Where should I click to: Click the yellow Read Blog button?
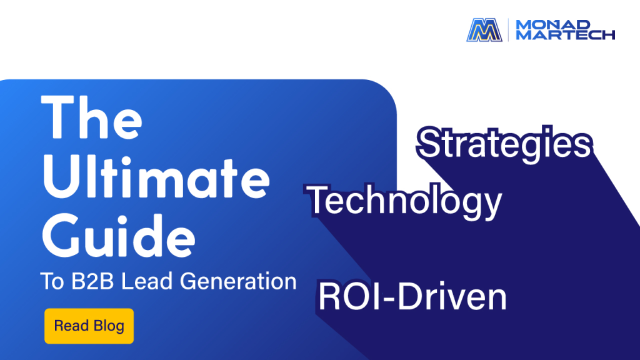(x=89, y=326)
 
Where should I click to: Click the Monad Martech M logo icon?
(x=484, y=30)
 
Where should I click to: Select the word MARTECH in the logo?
(x=565, y=35)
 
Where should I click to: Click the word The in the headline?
(x=92, y=117)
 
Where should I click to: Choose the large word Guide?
(x=118, y=236)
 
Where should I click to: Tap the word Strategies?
(x=505, y=144)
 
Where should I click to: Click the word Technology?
(x=404, y=201)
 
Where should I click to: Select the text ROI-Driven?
(x=412, y=297)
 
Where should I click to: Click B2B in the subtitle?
(x=92, y=281)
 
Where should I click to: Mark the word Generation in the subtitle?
(x=238, y=281)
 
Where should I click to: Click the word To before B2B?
(x=52, y=281)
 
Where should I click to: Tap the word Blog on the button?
(x=109, y=326)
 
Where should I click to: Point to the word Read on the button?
(x=71, y=326)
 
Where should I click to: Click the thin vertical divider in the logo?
(x=509, y=30)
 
